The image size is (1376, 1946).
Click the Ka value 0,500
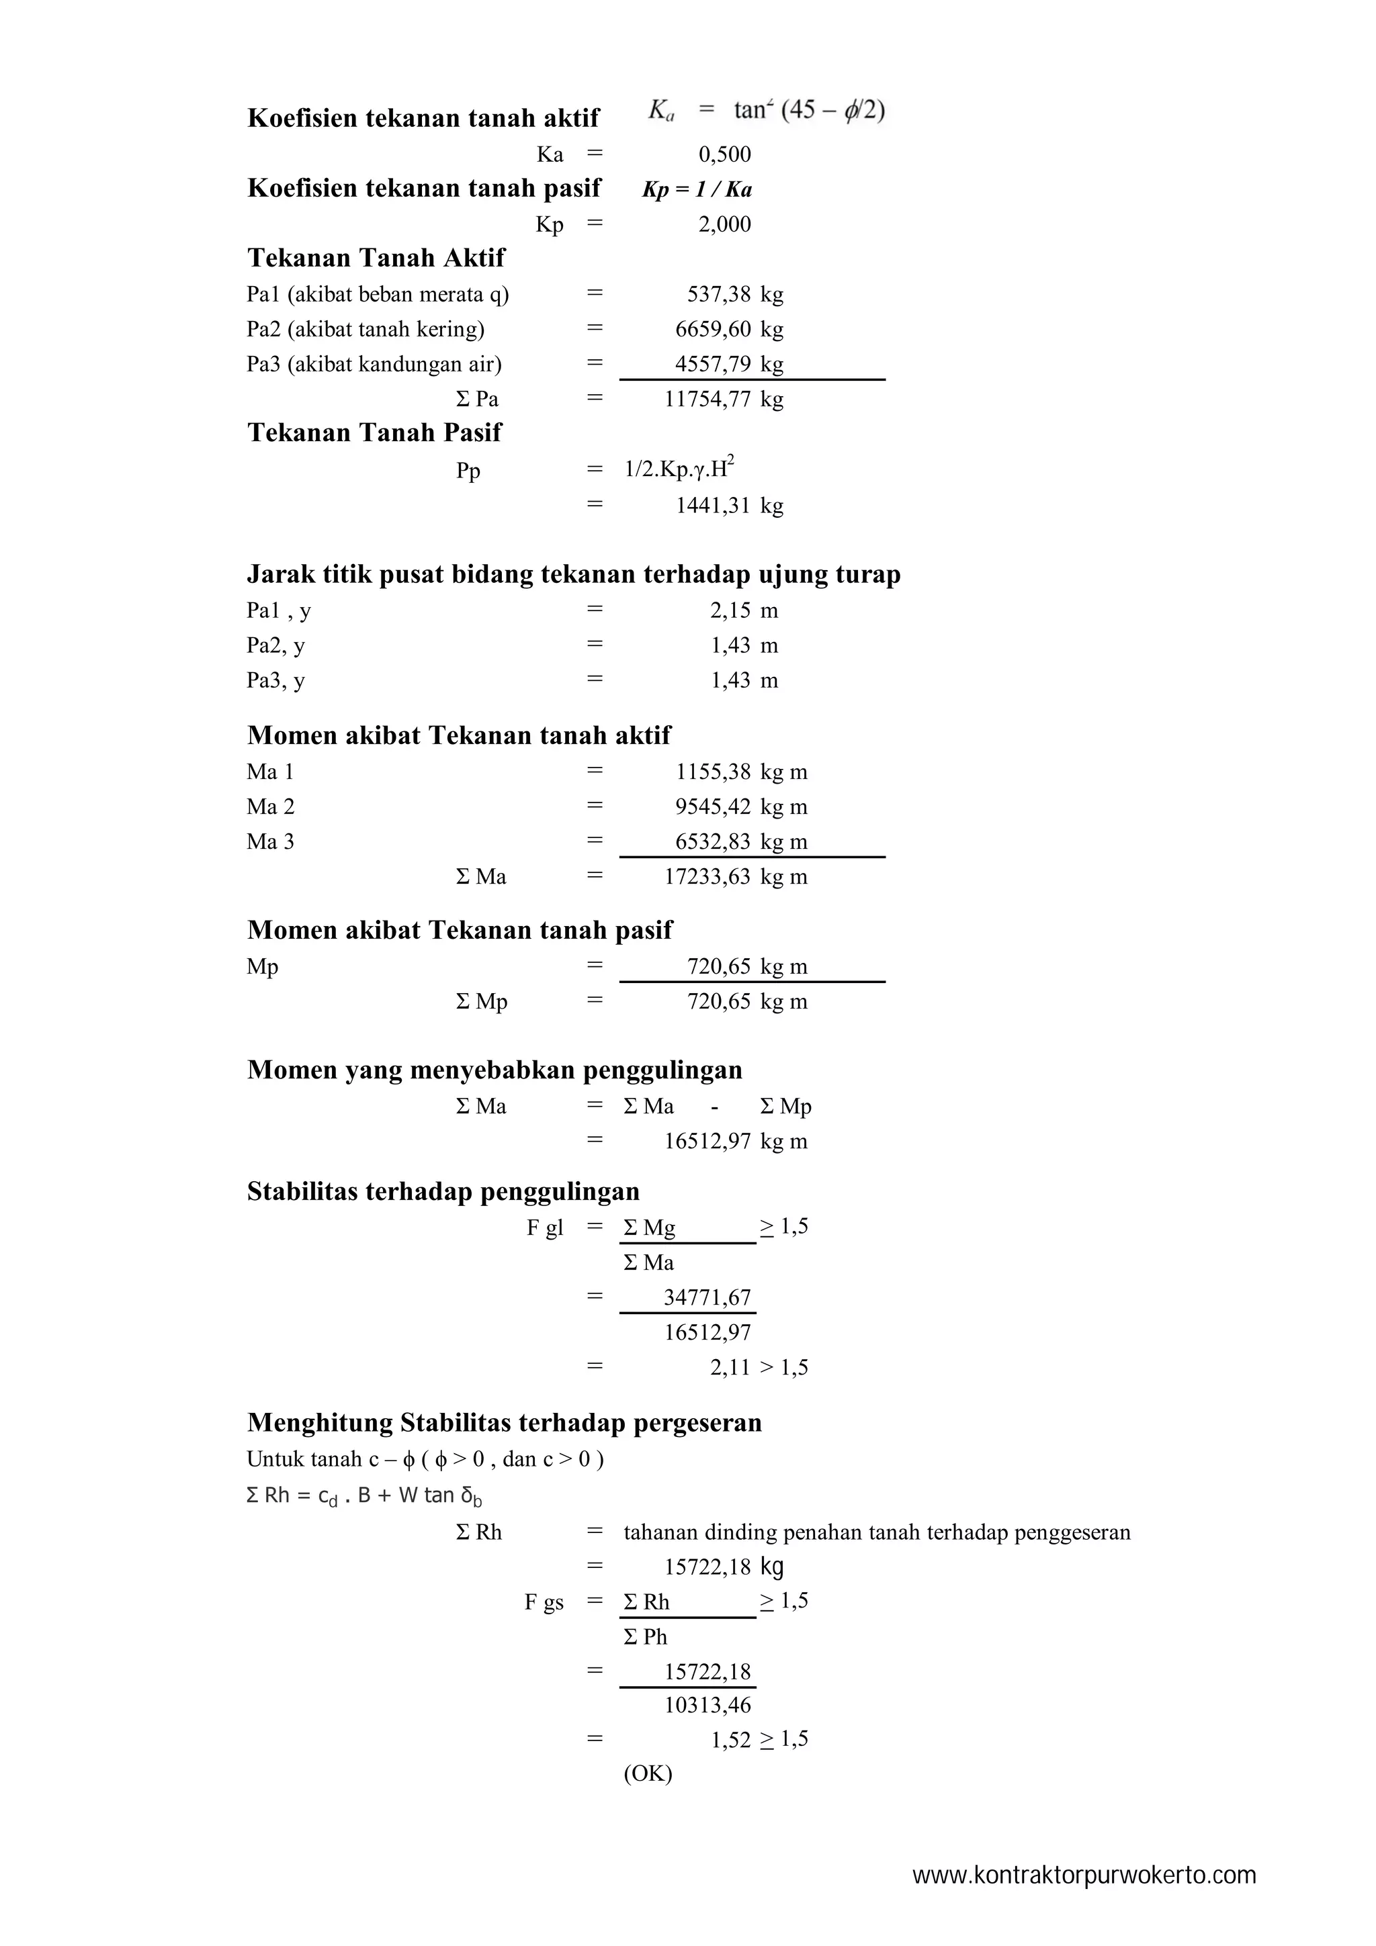(x=724, y=154)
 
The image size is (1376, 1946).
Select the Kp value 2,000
(x=724, y=224)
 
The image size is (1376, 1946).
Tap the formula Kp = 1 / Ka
(x=697, y=190)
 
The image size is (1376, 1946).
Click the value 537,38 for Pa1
(x=718, y=295)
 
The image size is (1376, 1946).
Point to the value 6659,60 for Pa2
(x=712, y=330)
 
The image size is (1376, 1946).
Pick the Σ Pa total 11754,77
(x=707, y=399)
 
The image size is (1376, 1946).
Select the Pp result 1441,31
(x=712, y=506)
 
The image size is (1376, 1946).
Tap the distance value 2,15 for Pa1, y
(x=730, y=611)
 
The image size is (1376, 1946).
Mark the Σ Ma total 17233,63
(x=707, y=877)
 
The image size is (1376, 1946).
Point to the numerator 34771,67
(x=707, y=1297)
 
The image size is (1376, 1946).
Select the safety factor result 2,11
(x=730, y=1368)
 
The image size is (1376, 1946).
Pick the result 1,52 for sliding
(x=730, y=1740)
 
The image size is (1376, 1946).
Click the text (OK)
(x=648, y=1774)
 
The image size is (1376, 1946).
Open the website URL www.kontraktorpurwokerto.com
(x=1084, y=1876)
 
